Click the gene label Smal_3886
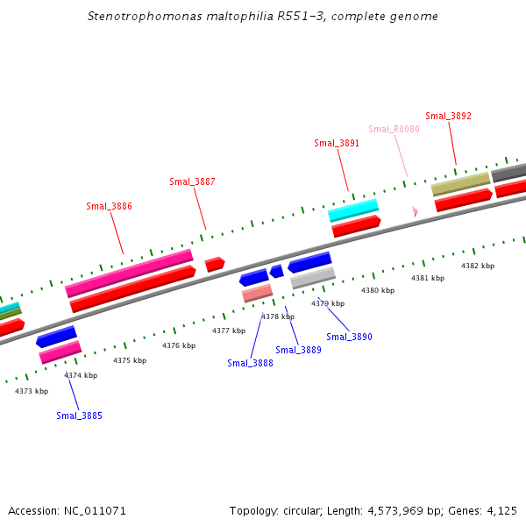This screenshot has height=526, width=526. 109,207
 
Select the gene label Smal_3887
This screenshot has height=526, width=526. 192,182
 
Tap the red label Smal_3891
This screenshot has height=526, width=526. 337,144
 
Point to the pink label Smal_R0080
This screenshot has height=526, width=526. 394,130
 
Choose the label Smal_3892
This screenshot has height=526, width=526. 448,116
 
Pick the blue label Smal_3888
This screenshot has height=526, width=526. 250,363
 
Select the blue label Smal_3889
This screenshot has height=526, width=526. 298,350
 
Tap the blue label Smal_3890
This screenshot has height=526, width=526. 349,337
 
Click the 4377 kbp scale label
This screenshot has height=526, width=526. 228,331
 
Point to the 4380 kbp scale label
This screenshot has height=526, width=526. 377,290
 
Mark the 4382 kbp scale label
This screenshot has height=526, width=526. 478,266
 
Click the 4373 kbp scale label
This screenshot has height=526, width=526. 32,391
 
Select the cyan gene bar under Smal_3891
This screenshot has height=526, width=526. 352,210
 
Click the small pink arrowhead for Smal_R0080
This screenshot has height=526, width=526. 415,211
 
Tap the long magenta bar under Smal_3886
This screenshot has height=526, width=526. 129,273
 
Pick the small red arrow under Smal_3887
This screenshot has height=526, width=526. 214,264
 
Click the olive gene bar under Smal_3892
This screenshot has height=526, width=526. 460,184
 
